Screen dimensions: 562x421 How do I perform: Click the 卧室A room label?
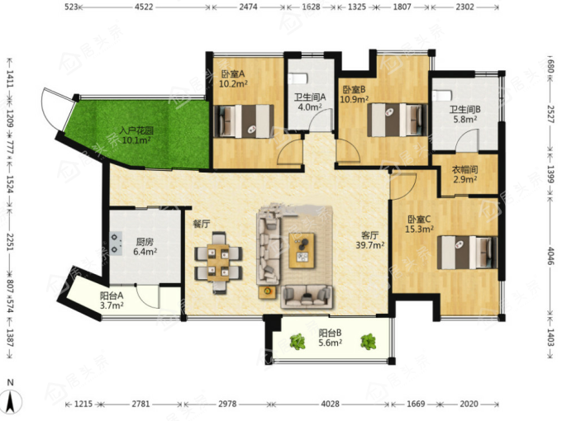(x=233, y=74)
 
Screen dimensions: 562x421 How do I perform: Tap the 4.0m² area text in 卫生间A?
(x=310, y=107)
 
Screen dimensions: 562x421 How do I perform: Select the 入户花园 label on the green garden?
(x=136, y=130)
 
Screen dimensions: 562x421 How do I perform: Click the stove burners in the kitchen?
(x=116, y=244)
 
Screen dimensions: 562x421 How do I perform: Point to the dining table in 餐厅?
(x=218, y=263)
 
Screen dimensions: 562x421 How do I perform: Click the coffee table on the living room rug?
(x=302, y=251)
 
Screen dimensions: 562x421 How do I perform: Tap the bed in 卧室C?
(x=468, y=253)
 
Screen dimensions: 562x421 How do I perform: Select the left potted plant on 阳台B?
(x=298, y=342)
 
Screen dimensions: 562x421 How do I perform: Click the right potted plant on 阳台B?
(x=368, y=342)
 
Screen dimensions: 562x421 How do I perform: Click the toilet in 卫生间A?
(x=298, y=78)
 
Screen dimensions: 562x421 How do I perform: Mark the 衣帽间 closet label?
(x=464, y=169)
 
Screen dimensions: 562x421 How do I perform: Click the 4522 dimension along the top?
(x=144, y=7)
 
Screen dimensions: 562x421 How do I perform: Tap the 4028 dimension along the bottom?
(x=330, y=404)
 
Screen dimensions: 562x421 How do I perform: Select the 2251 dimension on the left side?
(x=10, y=243)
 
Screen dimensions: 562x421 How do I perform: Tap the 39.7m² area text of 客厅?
(x=370, y=245)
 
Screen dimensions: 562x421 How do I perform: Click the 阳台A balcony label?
(x=112, y=296)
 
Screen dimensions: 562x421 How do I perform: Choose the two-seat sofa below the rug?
(x=307, y=296)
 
